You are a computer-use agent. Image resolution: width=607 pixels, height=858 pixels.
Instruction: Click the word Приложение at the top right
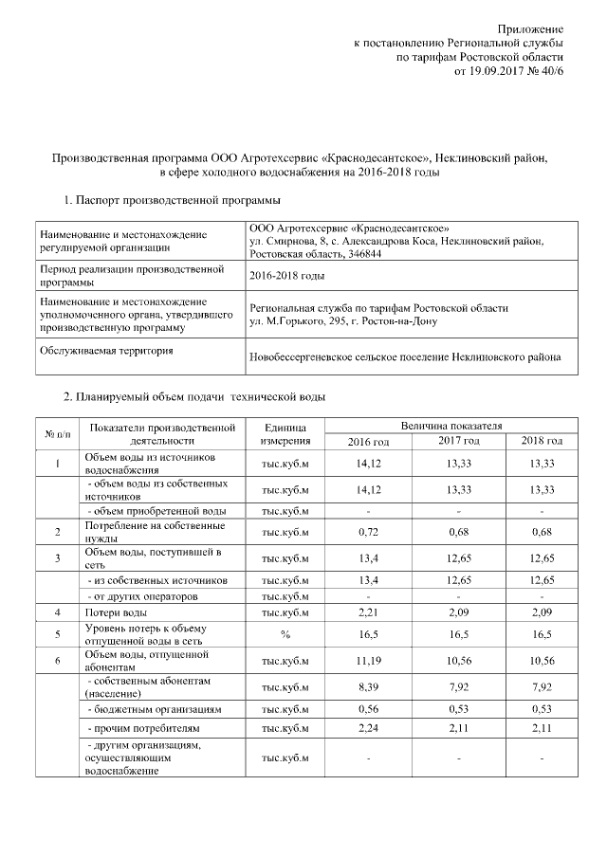tap(534, 30)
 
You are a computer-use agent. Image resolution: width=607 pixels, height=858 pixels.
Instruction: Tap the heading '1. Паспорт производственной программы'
tap(172, 201)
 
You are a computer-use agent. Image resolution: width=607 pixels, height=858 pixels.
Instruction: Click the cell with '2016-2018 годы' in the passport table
tap(286, 276)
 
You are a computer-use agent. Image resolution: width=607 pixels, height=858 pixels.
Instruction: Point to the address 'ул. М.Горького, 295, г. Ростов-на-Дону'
tap(356, 321)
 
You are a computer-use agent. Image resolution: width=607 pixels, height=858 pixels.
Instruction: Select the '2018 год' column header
tap(543, 442)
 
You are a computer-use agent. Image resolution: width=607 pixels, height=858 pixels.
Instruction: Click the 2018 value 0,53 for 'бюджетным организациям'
tap(543, 708)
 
